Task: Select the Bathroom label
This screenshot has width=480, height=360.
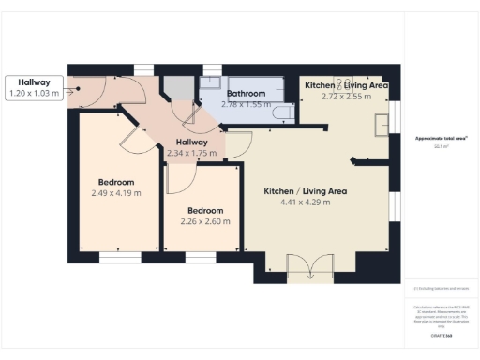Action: pyautogui.click(x=247, y=94)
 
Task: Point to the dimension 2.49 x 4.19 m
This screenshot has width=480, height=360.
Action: pyautogui.click(x=116, y=193)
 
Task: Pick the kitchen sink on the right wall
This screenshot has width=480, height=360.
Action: pyautogui.click(x=382, y=124)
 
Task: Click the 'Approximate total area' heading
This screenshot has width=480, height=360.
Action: pyautogui.click(x=441, y=138)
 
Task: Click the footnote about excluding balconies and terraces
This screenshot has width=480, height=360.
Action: pyautogui.click(x=441, y=288)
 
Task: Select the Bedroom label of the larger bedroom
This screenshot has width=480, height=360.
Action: pyautogui.click(x=116, y=182)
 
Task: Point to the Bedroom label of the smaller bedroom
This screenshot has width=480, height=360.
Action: pyautogui.click(x=204, y=210)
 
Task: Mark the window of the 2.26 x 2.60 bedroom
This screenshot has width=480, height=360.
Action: pyautogui.click(x=200, y=256)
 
